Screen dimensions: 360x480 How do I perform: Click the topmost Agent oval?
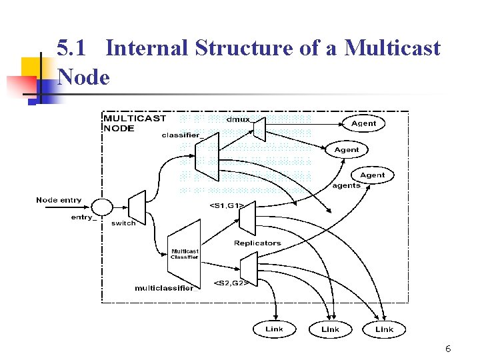(x=363, y=123)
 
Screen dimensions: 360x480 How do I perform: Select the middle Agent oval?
(x=346, y=150)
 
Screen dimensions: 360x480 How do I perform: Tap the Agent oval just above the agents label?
(x=372, y=175)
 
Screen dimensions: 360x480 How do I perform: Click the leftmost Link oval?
(x=274, y=329)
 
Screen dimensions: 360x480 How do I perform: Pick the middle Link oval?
(x=330, y=329)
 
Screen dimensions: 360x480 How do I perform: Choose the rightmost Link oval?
(x=384, y=329)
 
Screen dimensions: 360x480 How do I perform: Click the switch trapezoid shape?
(x=137, y=207)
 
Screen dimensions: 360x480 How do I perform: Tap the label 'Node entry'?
(x=59, y=200)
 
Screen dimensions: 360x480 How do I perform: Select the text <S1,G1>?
(x=227, y=205)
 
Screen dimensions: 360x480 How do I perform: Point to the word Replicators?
(x=257, y=243)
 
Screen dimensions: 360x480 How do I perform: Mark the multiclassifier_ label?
(x=164, y=288)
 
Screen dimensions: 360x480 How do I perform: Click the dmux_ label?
(x=239, y=119)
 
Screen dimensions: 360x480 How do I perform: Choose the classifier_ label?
(x=181, y=135)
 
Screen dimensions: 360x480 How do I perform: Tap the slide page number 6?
(x=448, y=349)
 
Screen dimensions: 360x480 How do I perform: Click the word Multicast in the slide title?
(x=395, y=49)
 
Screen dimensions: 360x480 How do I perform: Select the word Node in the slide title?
(x=83, y=77)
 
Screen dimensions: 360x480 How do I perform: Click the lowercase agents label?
(x=346, y=186)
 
